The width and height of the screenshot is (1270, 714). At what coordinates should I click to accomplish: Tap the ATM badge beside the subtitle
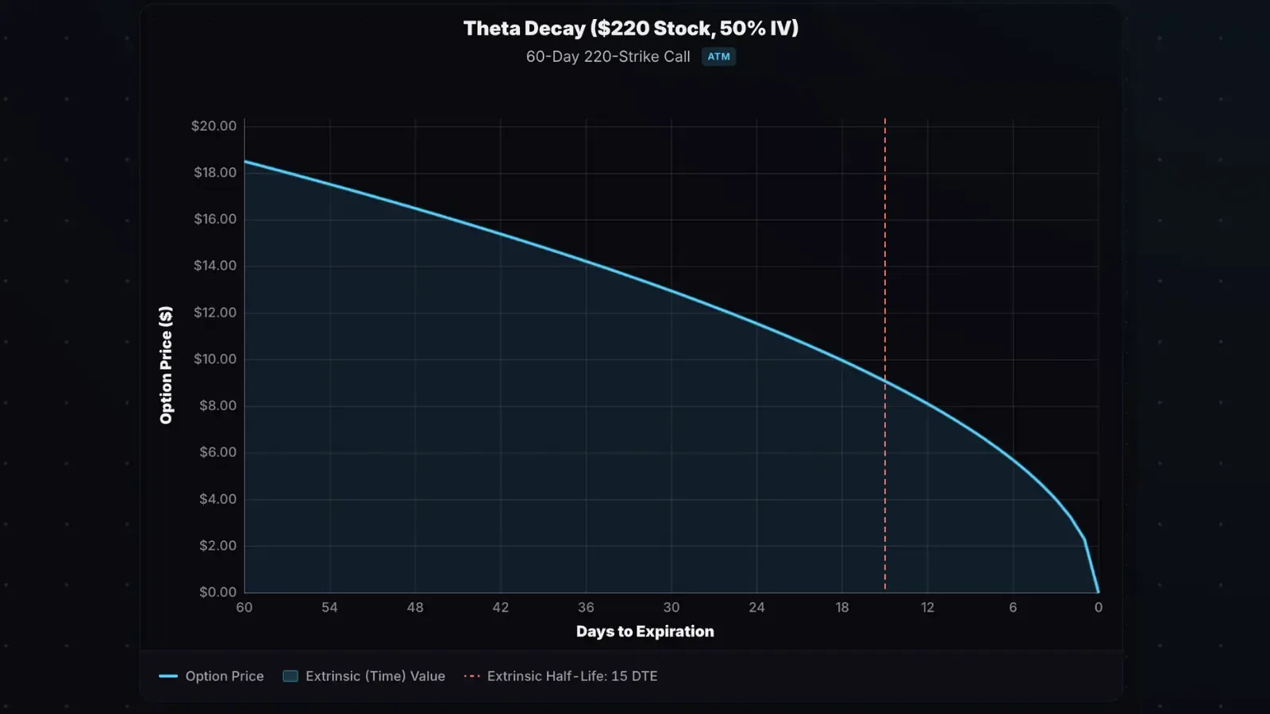718,56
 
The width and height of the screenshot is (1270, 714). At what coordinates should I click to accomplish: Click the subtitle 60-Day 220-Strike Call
608,56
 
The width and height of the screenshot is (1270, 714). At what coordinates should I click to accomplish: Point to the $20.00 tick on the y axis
214,125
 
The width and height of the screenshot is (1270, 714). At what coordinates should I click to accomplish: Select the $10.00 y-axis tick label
215,359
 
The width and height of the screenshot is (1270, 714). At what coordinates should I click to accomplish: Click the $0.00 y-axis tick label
217,592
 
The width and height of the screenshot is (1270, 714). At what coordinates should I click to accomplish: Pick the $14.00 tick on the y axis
215,265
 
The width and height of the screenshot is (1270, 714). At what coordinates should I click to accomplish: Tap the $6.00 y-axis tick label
217,452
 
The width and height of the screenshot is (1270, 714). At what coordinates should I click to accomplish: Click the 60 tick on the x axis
244,607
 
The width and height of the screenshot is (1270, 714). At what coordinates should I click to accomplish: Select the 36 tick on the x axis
586,607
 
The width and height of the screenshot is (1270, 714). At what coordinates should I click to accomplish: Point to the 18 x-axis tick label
842,607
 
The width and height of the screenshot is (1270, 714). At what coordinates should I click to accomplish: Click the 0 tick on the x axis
1099,607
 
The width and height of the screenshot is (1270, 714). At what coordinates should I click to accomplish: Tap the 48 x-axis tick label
415,607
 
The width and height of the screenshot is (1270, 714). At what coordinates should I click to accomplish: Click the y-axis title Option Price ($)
166,365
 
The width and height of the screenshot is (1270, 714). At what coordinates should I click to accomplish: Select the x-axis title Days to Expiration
645,631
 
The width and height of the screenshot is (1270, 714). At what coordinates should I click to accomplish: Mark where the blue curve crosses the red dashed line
885,382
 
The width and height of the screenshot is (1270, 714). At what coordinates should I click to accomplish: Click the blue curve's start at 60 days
244,161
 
